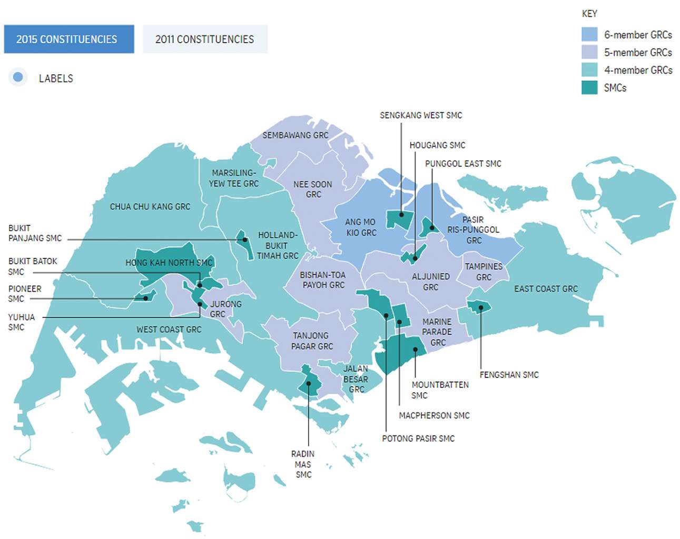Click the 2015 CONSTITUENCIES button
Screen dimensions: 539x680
67,39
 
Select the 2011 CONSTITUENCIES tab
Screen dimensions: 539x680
204,39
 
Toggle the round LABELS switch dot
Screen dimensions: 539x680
18,77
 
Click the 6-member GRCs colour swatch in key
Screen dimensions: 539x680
589,35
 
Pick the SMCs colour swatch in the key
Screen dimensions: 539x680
589,87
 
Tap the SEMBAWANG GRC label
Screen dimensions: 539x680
295,135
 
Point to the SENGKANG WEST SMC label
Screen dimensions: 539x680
421,115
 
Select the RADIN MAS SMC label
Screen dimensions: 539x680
303,464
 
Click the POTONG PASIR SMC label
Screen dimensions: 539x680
418,438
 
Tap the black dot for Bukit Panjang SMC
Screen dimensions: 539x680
245,239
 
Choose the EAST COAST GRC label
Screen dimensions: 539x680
546,288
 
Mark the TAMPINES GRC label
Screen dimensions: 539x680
484,272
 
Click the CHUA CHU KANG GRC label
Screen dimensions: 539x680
150,207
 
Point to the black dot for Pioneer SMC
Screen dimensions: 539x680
146,298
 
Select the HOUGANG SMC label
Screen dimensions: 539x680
437,145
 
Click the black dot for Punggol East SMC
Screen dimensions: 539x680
432,228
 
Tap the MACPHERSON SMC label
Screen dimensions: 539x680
434,415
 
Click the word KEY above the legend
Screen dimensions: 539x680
589,14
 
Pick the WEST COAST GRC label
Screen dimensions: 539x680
169,330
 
